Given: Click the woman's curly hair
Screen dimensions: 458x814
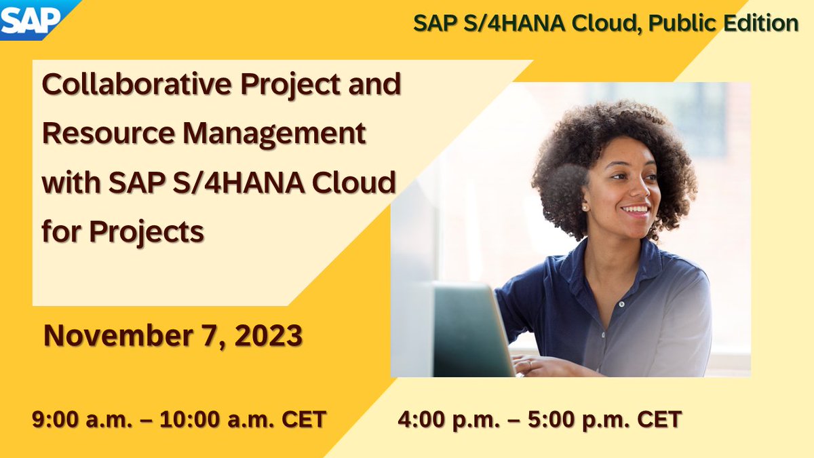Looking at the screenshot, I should coord(597,129).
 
